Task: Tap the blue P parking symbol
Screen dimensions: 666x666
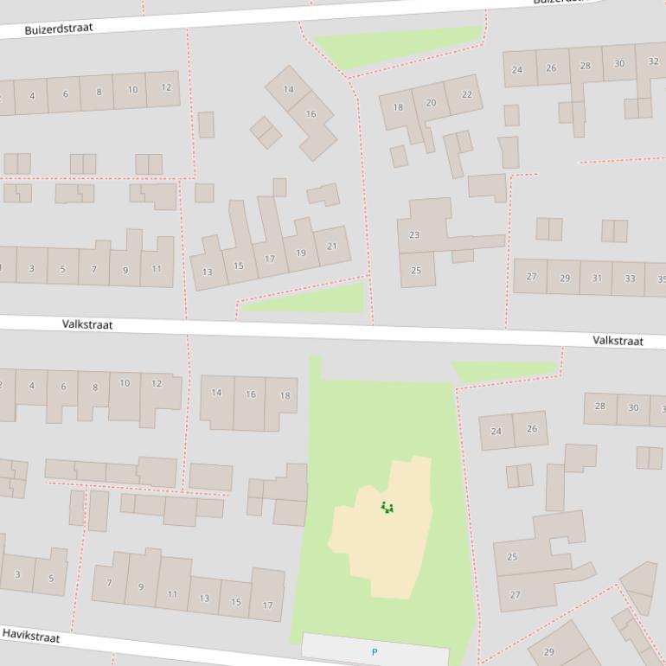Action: click(x=375, y=652)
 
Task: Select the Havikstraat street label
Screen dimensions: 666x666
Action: click(x=30, y=636)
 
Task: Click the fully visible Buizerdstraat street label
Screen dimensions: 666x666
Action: click(x=58, y=29)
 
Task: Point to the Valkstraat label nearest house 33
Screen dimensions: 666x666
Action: click(x=618, y=341)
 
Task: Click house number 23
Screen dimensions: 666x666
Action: click(x=414, y=235)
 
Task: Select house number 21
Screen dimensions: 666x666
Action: click(x=331, y=247)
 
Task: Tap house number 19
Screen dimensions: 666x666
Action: click(x=301, y=253)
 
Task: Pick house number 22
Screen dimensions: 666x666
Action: click(x=467, y=94)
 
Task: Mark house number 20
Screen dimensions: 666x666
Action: click(x=431, y=102)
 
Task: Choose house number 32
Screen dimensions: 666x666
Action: click(x=652, y=61)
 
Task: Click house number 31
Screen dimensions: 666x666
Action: click(x=597, y=278)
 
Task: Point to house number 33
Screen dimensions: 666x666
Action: click(x=630, y=279)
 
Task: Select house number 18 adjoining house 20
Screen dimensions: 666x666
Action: click(x=398, y=107)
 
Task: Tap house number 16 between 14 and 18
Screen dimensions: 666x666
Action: click(x=250, y=394)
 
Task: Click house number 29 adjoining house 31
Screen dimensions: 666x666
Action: click(x=565, y=278)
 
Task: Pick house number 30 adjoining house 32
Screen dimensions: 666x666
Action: click(x=619, y=63)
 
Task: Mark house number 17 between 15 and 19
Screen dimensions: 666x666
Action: click(x=270, y=259)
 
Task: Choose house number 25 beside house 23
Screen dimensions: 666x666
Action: click(x=416, y=271)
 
